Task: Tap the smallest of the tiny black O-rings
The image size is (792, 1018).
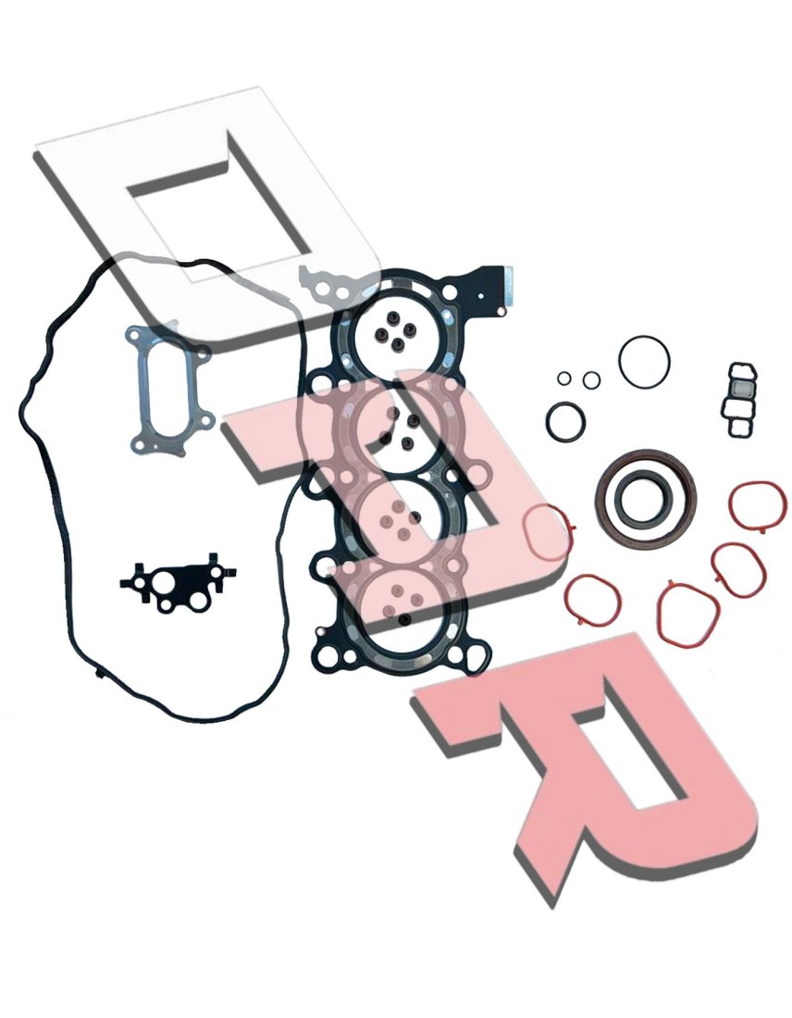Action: point(563,378)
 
